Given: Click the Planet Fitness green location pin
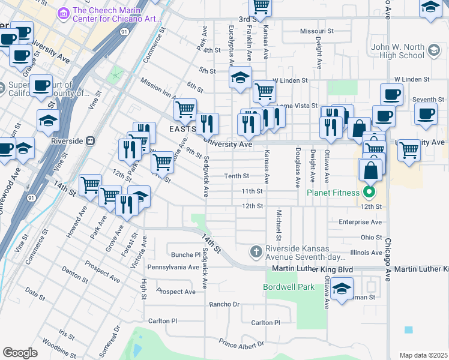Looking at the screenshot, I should [x=370, y=193].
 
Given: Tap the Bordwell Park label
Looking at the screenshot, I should [x=289, y=287].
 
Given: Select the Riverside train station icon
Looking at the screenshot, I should [x=91, y=140].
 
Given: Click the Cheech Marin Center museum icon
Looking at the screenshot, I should [x=64, y=12].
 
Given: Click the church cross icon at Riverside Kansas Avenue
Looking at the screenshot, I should [x=256, y=250].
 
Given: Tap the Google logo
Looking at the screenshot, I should [x=20, y=352].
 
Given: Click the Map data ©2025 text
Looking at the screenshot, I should [x=423, y=355].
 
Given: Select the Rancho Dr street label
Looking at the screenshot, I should [x=224, y=304].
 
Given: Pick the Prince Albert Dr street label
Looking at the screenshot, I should [x=241, y=344].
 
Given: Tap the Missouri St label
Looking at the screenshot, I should [x=312, y=31].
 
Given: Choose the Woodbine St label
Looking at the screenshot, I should [x=58, y=347].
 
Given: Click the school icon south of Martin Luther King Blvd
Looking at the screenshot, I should [x=342, y=289].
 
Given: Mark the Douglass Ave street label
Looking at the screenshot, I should [x=297, y=167].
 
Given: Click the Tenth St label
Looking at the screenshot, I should [x=237, y=176].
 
